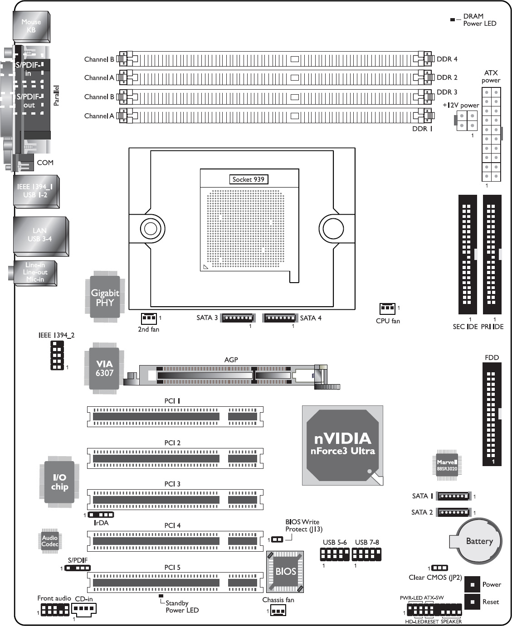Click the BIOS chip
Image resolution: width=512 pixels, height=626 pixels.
285,571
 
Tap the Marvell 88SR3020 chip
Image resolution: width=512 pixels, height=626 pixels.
447,465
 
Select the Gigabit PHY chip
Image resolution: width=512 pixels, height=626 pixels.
105,297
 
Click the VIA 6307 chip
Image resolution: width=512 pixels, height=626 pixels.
104,368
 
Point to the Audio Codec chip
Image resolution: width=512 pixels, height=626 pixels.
49,541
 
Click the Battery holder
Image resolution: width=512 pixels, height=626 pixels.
476,541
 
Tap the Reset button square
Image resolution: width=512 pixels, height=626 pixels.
472,602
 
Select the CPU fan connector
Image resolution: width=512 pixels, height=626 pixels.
387,308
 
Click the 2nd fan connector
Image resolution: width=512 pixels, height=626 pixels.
149,318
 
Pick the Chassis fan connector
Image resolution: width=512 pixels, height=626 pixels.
278,611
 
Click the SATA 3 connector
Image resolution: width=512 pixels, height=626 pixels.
238,318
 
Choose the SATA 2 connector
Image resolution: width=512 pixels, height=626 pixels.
453,512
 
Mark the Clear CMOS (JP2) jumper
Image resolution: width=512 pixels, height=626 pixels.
439,568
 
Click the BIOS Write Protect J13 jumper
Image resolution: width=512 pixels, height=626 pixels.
277,539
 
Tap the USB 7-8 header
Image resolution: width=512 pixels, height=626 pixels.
366,554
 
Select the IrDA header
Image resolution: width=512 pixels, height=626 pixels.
101,515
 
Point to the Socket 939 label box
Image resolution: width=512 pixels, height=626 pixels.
249,179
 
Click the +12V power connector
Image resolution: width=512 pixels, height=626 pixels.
466,120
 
